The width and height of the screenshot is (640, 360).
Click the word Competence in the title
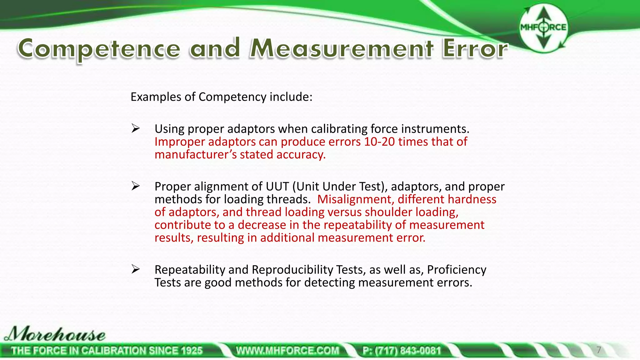pos(99,49)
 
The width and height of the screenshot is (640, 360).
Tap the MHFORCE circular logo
pos(543,27)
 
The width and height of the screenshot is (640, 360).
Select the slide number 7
pos(599,350)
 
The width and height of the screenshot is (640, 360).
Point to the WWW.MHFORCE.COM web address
pos(287,351)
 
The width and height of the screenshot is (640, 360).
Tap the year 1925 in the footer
pos(190,351)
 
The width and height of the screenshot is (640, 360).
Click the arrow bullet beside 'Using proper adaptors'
pos(135,128)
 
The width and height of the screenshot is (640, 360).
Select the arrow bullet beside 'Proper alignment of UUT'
pos(135,186)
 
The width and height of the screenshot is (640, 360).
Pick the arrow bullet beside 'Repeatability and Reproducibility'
pos(135,269)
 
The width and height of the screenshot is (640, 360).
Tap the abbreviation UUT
pos(277,187)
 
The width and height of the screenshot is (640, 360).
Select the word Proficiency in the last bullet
pos(457,270)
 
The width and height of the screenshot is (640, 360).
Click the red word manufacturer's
pos(196,155)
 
